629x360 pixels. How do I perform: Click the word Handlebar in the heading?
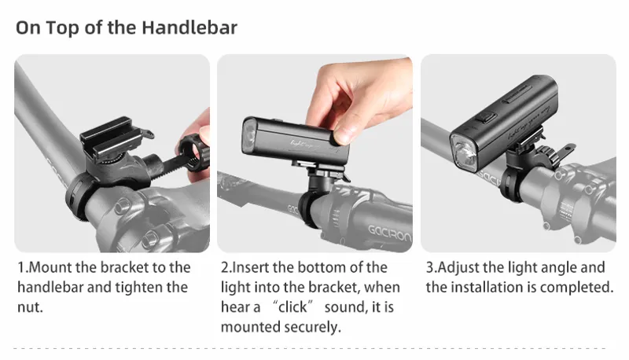(189, 28)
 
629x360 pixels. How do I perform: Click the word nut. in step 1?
(30, 307)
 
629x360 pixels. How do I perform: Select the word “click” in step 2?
(292, 307)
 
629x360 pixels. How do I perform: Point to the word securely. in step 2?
(312, 327)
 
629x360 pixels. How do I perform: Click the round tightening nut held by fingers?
(193, 153)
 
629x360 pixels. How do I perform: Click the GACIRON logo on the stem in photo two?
(389, 233)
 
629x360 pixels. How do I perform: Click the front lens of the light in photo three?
(465, 154)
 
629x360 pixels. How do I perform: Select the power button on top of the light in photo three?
(485, 118)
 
